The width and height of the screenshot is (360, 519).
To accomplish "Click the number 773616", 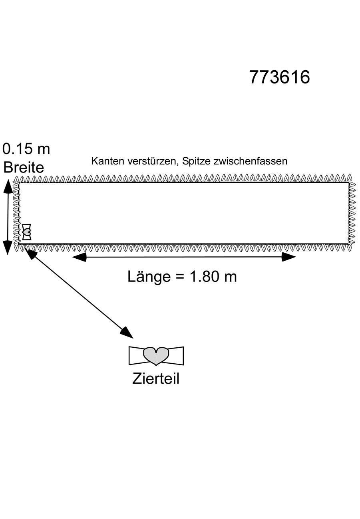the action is point(280,77).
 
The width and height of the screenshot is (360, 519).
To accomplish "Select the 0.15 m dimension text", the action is point(26,149).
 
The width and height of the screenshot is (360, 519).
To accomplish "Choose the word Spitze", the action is point(197,161).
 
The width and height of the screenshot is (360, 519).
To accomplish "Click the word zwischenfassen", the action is point(251,161).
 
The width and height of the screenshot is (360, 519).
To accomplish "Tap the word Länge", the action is point(149,276).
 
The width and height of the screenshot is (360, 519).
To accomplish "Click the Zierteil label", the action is point(156,379).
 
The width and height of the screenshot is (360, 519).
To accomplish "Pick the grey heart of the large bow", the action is point(156,356).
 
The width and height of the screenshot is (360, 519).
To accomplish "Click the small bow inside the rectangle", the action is point(27,232).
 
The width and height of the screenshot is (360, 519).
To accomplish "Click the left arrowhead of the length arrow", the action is point(80,257).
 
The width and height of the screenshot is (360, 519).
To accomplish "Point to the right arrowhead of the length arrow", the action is point(289,257).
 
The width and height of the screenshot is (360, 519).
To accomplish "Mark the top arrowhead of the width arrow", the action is point(8,186).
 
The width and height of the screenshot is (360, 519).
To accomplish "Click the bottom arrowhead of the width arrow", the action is point(8,248).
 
